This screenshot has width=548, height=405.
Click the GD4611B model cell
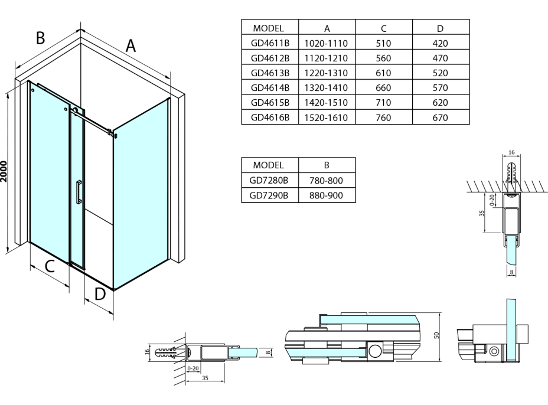click(x=270, y=43)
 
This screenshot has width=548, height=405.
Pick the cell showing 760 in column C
click(x=384, y=117)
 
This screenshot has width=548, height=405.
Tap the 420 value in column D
click(x=441, y=43)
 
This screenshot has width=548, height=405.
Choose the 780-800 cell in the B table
click(x=327, y=179)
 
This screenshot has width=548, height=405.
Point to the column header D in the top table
click(x=441, y=28)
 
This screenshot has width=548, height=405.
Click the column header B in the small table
click(x=327, y=164)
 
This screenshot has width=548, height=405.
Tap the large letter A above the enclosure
click(x=131, y=45)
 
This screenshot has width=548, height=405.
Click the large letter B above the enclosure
click(x=40, y=37)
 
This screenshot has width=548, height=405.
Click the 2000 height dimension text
click(x=5, y=171)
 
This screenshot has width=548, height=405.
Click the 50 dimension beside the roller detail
click(x=436, y=335)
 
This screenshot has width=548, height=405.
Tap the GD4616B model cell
click(x=270, y=117)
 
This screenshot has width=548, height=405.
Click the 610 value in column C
click(x=384, y=73)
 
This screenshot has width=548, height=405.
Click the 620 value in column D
click(x=441, y=103)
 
